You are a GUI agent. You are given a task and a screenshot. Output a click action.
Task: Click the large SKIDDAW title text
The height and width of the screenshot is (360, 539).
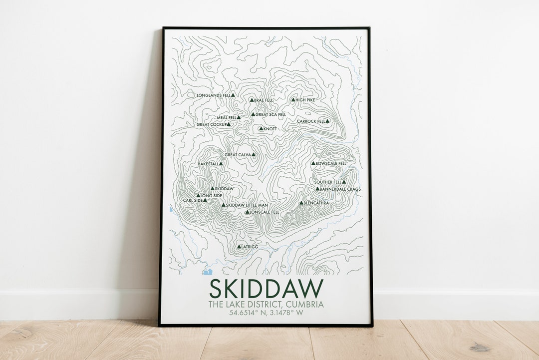pyautogui.click(x=266, y=289)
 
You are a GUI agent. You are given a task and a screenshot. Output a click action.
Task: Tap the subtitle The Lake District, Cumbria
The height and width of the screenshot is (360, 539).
pyautogui.click(x=266, y=304)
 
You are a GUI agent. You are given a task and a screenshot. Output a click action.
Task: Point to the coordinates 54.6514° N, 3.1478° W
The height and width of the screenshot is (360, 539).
pyautogui.click(x=266, y=313)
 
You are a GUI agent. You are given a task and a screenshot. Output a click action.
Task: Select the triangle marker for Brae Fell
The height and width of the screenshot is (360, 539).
pyautogui.click(x=252, y=100)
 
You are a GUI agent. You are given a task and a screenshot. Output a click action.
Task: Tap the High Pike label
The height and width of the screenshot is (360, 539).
pyautogui.click(x=305, y=100)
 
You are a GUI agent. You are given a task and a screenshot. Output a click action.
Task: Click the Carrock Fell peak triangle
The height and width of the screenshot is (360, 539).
pyautogui.click(x=327, y=121)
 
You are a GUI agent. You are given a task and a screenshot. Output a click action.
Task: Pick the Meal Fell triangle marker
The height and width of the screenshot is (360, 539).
pyautogui.click(x=239, y=118)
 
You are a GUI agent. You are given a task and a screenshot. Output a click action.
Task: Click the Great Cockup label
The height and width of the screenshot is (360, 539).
pyautogui.click(x=212, y=124)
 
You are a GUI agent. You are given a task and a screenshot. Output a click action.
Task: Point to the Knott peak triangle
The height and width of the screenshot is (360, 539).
pyautogui.click(x=261, y=129)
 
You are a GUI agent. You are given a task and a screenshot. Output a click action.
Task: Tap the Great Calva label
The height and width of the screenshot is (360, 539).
pyautogui.click(x=237, y=155)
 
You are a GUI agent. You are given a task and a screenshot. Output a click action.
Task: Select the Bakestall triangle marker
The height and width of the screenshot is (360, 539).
pyautogui.click(x=221, y=164)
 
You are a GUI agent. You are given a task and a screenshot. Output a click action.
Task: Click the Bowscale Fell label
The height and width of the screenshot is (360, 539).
pyautogui.click(x=331, y=163)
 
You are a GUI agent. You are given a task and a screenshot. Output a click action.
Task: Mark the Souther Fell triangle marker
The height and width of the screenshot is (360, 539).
pyautogui.click(x=344, y=182)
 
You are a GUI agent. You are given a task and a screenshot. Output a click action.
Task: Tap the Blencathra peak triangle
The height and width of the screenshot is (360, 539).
pyautogui.click(x=301, y=203)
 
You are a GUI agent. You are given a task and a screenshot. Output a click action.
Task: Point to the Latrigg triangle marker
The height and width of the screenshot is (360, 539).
pyautogui.click(x=239, y=247)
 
